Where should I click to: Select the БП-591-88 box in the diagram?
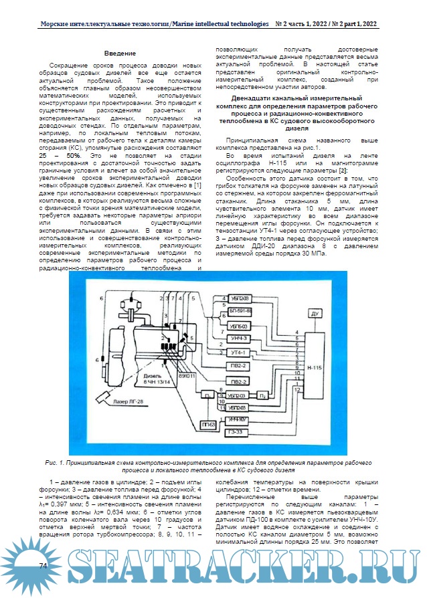click(239, 312)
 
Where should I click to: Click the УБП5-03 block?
click(239, 326)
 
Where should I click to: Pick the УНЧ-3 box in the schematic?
click(239, 339)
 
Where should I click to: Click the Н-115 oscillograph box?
click(313, 368)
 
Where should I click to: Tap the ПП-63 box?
click(207, 425)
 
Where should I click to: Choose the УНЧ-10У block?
click(238, 420)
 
